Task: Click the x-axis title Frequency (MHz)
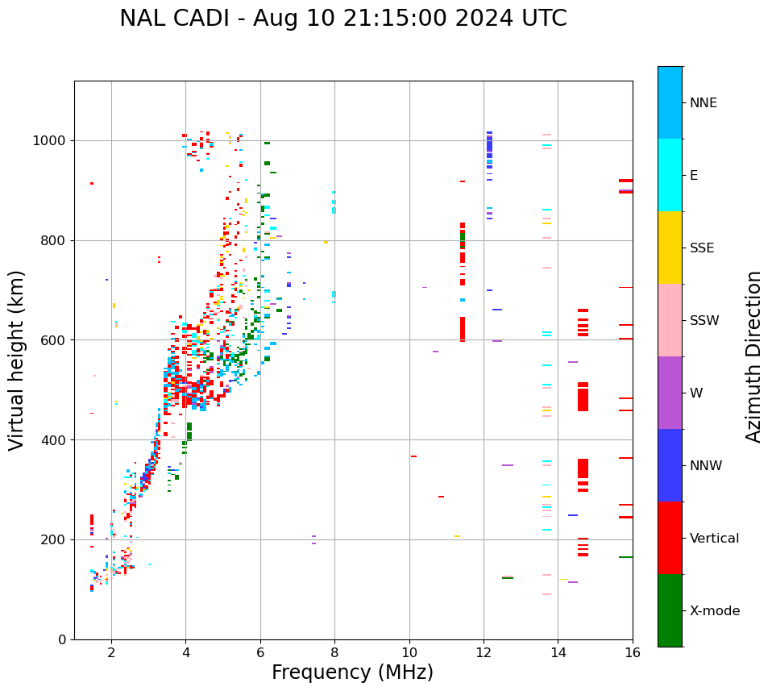[x=352, y=672]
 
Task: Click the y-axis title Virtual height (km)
[x=17, y=360]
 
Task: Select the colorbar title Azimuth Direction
[x=754, y=356]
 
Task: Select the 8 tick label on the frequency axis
[x=334, y=652]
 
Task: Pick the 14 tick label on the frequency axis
[x=558, y=652]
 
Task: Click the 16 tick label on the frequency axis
[x=633, y=652]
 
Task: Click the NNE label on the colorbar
[x=703, y=103]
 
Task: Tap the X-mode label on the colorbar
[x=714, y=611]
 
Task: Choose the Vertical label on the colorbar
[x=714, y=539]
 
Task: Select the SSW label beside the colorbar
[x=704, y=321]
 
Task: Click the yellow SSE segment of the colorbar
[x=670, y=248]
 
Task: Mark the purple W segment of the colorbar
[x=670, y=393]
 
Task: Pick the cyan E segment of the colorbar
[x=670, y=175]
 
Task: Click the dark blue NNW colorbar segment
[x=670, y=465]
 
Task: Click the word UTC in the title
[x=544, y=19]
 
